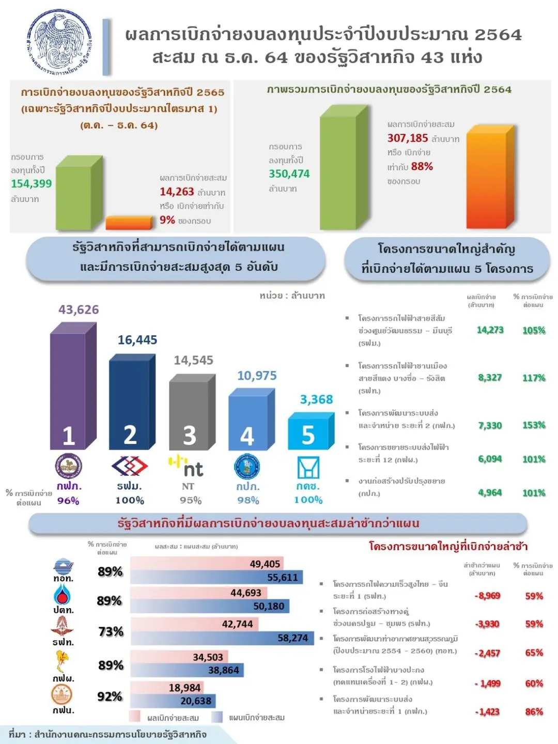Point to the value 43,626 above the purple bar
79,309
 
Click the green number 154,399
32,183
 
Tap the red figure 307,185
408,138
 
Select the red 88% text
422,166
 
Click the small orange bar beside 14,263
129,223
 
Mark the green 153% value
534,425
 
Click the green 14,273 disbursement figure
490,330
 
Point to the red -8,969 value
488,596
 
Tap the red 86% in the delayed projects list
534,711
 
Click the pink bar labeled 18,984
166,688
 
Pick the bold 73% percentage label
111,631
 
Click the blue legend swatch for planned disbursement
217,717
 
